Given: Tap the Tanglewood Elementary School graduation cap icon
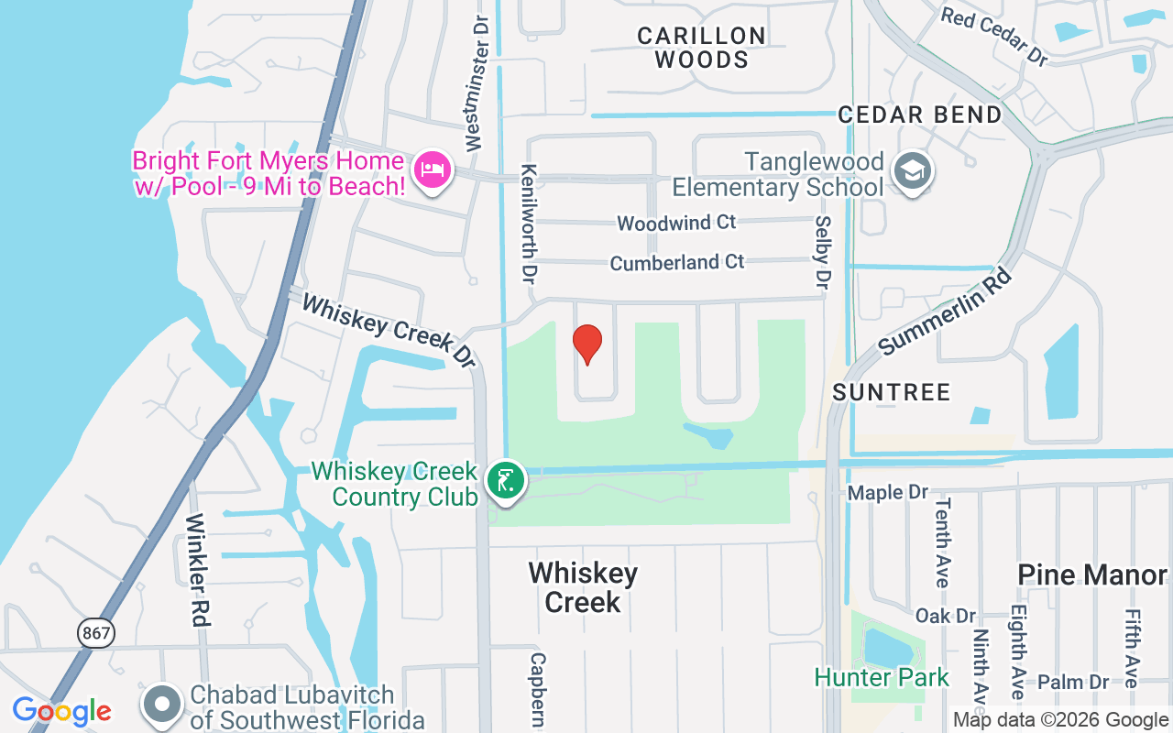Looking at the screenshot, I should click(912, 171).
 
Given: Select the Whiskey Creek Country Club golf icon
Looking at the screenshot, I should click(505, 479).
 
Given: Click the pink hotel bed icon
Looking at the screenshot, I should click(432, 170).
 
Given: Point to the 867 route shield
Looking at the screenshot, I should click(95, 632).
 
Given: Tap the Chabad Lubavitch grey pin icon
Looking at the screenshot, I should click(163, 704).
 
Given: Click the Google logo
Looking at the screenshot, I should click(61, 711).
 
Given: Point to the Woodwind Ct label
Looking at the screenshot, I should click(676, 223).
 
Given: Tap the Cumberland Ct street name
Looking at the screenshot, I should click(677, 263).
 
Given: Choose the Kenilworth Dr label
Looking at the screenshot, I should click(529, 224).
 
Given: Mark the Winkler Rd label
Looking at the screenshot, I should click(199, 569).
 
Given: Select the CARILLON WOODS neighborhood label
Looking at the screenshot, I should click(702, 48).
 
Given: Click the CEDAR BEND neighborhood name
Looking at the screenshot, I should click(920, 115).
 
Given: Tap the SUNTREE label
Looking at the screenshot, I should click(892, 392).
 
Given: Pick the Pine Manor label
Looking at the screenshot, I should click(1092, 574).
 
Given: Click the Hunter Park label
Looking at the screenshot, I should click(882, 678).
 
